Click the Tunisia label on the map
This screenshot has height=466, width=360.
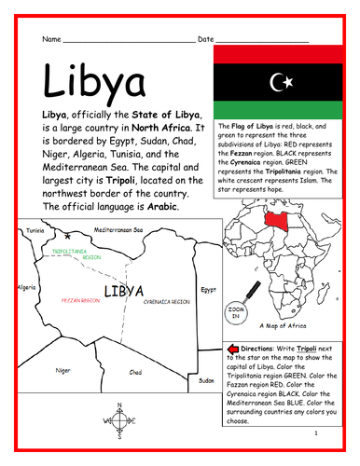(x=35, y=228)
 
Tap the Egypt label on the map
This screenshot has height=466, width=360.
(x=209, y=289)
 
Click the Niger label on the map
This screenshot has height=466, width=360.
(x=62, y=370)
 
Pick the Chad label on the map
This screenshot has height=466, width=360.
(x=135, y=372)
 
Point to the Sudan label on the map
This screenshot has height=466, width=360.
(x=206, y=380)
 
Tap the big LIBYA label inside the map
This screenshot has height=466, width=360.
(x=124, y=292)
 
